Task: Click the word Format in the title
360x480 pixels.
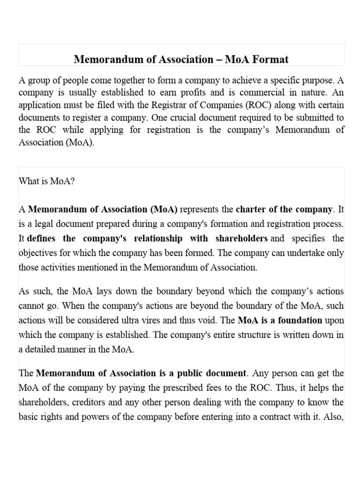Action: click(271, 60)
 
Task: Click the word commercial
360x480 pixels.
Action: click(275, 92)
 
